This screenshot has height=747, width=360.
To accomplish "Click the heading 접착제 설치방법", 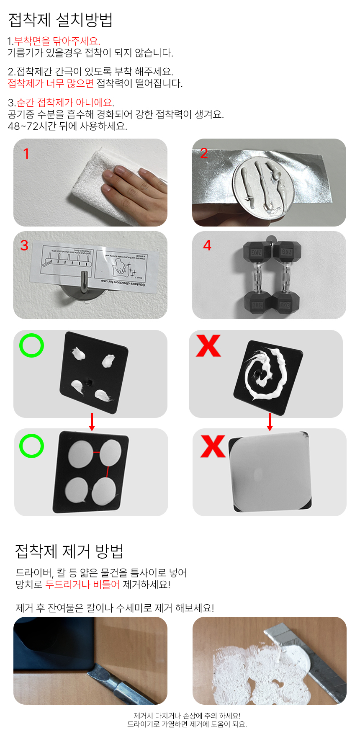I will click(x=60, y=20).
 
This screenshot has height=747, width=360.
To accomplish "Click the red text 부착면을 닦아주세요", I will click(x=57, y=41).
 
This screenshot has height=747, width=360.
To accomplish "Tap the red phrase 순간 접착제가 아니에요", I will click(x=64, y=103).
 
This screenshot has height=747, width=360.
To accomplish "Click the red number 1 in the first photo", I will click(x=26, y=154).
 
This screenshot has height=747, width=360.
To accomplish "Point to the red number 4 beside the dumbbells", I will click(x=207, y=245).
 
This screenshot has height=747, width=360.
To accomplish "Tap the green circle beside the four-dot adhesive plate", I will click(x=31, y=345).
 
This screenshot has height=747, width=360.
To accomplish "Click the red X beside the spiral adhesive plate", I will click(x=208, y=346).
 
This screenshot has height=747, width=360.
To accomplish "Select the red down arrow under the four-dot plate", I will click(x=92, y=422).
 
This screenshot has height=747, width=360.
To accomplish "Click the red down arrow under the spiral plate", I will click(x=270, y=422).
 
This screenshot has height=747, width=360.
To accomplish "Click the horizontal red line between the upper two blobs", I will click(x=97, y=453).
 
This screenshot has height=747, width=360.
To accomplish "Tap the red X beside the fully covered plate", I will click(x=213, y=446).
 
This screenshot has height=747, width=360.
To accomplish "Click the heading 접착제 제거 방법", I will click(x=69, y=551).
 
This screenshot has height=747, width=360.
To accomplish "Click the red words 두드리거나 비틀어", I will click(x=82, y=585).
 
